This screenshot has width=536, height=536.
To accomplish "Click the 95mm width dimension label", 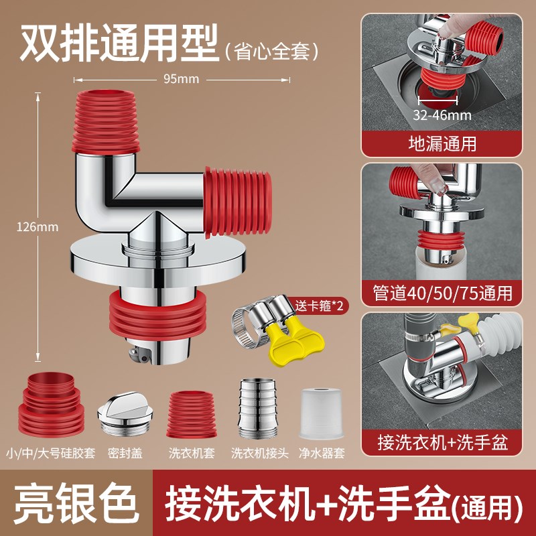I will [181, 79].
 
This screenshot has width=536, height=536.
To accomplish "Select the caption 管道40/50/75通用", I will [442, 293].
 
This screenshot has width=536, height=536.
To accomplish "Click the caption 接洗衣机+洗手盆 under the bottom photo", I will [442, 443].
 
